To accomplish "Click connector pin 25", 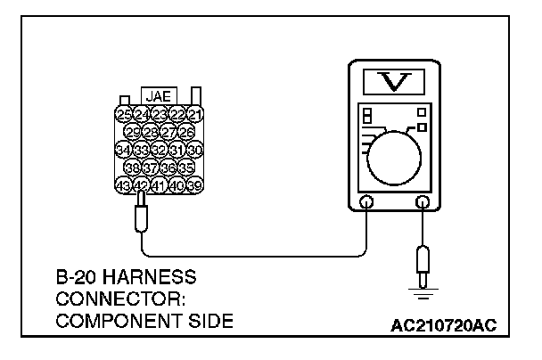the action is pos(125,114).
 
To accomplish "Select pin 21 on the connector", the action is pos(196,114).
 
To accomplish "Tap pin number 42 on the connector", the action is pos(142,184).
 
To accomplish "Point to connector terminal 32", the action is pos(160,149).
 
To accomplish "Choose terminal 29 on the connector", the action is pos(134,132).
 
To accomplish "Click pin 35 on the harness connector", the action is pos(186,167).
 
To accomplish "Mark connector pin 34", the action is pos(125,149).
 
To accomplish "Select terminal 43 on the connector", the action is pos(125,184).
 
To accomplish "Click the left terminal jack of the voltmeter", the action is pos(365,204).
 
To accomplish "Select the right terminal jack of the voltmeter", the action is pos(422,204).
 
